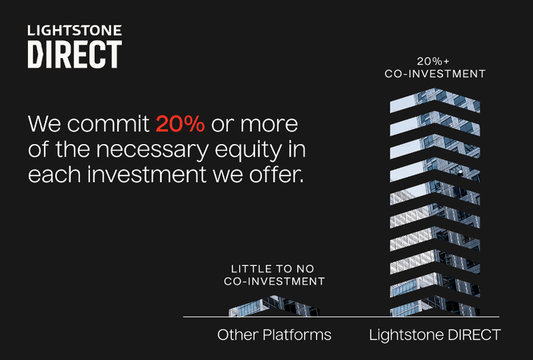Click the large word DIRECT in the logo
coord(74,54)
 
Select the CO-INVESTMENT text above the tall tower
coord(435,74)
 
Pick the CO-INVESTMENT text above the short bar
coord(274,281)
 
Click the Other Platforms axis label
coord(274,335)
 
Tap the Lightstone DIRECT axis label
coord(434,335)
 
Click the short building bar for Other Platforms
coord(274,308)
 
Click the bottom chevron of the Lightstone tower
coord(435,309)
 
